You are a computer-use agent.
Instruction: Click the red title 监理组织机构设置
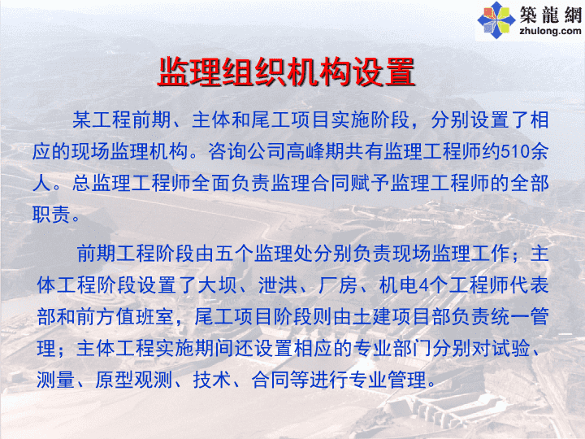pyautogui.click(x=286, y=72)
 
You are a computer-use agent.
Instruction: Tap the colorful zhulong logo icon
pyautogui.click(x=496, y=20)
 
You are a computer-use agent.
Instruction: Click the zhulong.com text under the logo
pyautogui.click(x=550, y=31)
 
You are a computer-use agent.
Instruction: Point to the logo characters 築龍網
pyautogui.click(x=551, y=15)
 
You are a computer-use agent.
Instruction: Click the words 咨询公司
pyautogui.click(x=247, y=151)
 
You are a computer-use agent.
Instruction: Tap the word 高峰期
pyautogui.click(x=315, y=151)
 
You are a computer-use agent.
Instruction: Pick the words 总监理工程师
pyautogui.click(x=132, y=183)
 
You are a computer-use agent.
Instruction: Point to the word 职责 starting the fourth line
pyautogui.click(x=51, y=215)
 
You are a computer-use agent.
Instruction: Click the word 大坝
pyautogui.click(x=217, y=285)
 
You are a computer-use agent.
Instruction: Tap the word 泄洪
pyautogui.click(x=278, y=285)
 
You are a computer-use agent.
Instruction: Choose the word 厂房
pyautogui.click(x=338, y=285)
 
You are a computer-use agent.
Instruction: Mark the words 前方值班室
pyautogui.click(x=124, y=317)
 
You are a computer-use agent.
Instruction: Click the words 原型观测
pyautogui.click(x=133, y=380)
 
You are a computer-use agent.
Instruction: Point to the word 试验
pyautogui.click(x=511, y=349)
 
